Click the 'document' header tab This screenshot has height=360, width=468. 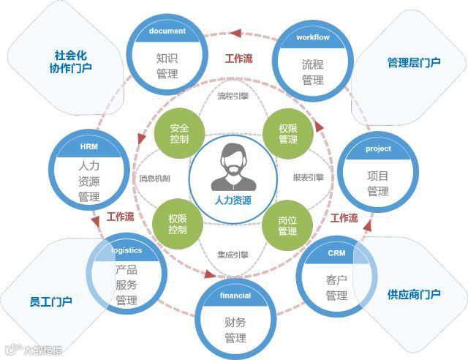coord(167,31)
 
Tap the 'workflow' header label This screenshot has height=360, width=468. coord(313,37)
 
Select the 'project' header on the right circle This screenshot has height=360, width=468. coord(378,149)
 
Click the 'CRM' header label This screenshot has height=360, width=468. coord(336,253)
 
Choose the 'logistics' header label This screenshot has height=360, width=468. coord(127,250)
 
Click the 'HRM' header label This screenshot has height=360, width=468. coord(88,147)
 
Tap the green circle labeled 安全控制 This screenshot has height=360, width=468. coord(179,132)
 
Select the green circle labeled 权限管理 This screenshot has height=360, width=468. coord(288,133)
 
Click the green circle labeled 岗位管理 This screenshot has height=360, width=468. coord(287,224)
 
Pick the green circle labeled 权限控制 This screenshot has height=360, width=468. coord(178,224)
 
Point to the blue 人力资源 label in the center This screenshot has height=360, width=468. coord(233,199)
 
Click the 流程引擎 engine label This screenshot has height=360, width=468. coord(233,96)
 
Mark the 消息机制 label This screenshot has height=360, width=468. coord(154,178)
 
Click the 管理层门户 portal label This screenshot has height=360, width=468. coord(414,62)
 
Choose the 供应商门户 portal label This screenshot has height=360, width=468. coord(414,294)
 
